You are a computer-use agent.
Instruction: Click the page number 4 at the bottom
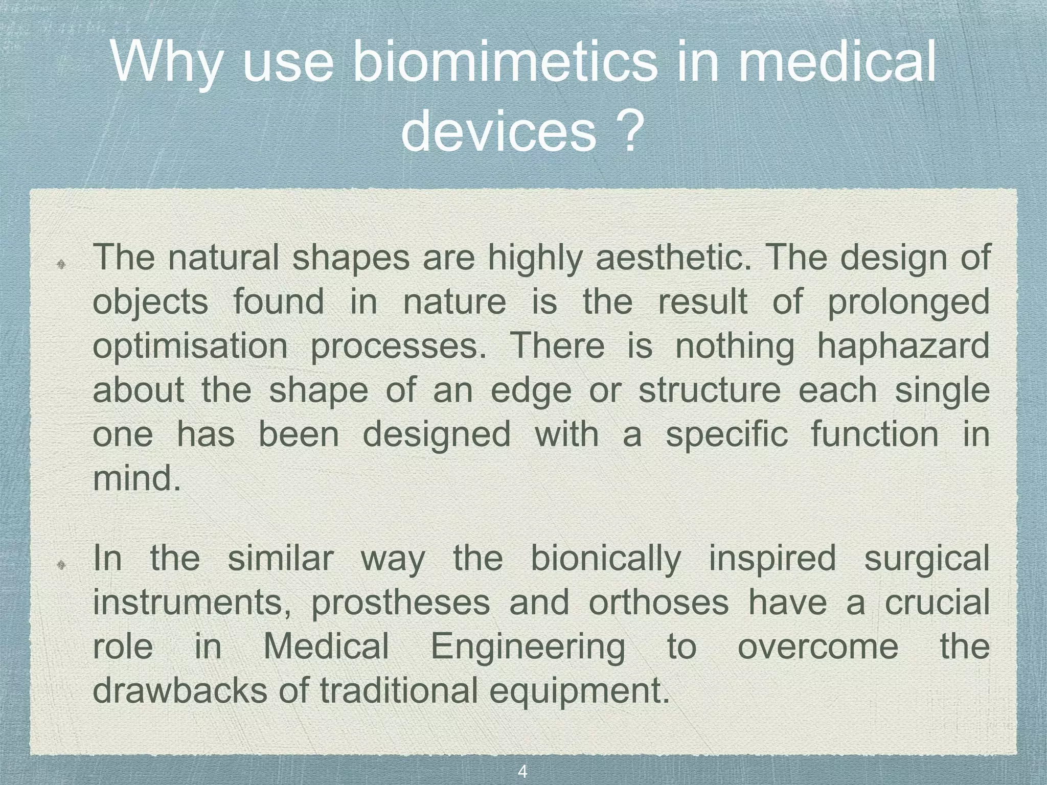click(x=522, y=772)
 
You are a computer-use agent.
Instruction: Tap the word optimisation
click(x=191, y=346)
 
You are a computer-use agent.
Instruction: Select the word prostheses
click(x=400, y=603)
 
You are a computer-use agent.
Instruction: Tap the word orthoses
click(x=658, y=603)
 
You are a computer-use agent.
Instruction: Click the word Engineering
click(x=528, y=647)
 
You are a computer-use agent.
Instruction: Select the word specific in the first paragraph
click(x=727, y=434)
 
